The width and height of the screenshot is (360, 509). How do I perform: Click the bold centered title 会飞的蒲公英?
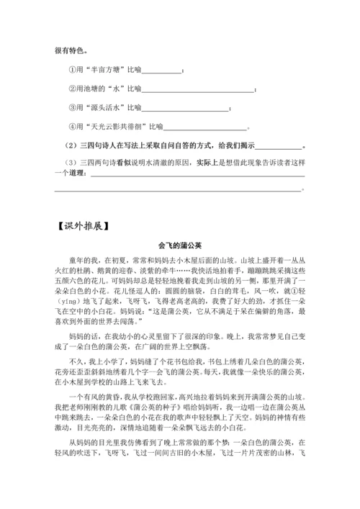(180, 244)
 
